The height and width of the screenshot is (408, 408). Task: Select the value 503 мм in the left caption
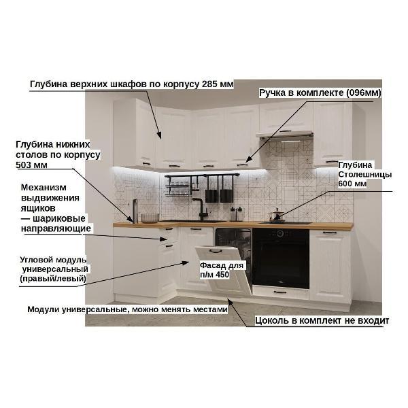click(x=31, y=165)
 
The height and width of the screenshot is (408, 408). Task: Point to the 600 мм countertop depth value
click(x=352, y=184)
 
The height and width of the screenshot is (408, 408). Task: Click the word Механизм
click(x=44, y=188)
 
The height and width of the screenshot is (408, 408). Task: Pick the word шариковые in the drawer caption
click(x=59, y=218)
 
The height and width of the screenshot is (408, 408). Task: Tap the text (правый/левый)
click(x=53, y=278)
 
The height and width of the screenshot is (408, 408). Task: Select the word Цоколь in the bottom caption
click(x=271, y=320)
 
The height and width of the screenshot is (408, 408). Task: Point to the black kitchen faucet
click(x=201, y=209)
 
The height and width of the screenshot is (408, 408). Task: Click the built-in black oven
click(x=281, y=258)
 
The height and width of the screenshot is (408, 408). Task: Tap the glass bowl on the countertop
click(x=150, y=218)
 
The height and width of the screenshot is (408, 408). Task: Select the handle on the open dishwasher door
click(x=216, y=251)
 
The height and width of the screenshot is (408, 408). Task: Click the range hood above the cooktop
click(x=284, y=135)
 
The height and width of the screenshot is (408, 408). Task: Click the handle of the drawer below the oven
click(x=280, y=292)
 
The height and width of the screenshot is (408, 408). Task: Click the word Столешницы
click(x=364, y=174)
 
